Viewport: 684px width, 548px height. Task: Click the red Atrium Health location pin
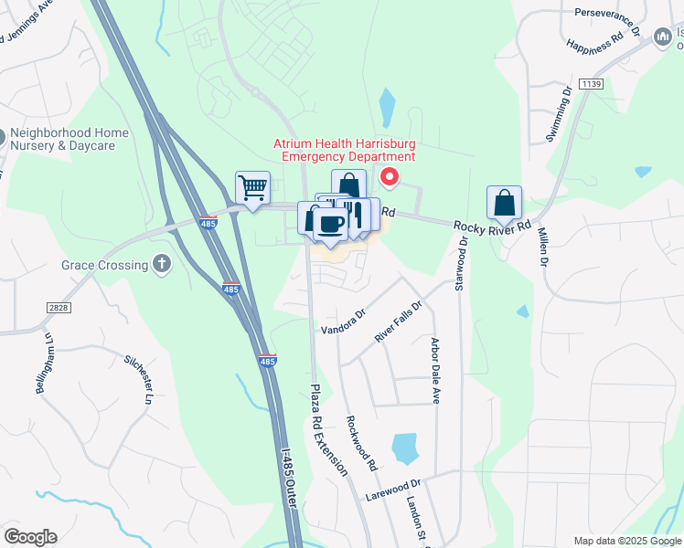390,177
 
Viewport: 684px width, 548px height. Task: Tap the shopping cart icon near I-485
252,187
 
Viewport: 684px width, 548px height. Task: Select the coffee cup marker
330,225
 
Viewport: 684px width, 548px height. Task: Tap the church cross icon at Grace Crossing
162,265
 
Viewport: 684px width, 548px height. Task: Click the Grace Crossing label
104,266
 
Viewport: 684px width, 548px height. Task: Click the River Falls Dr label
399,322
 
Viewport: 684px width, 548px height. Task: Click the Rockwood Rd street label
361,444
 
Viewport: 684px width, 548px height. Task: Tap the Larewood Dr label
392,489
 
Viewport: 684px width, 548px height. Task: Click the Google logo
30,537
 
